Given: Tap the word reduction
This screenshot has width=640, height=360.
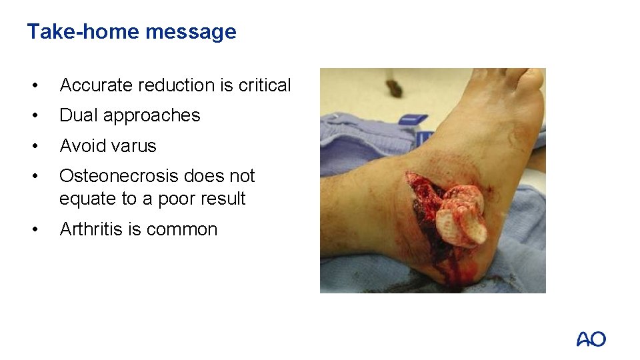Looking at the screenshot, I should (x=175, y=85).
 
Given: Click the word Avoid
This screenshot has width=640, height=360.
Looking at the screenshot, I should (x=80, y=145).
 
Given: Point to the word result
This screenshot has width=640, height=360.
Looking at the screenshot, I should (x=224, y=199).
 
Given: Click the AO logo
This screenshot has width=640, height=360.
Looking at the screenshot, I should (x=591, y=339).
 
